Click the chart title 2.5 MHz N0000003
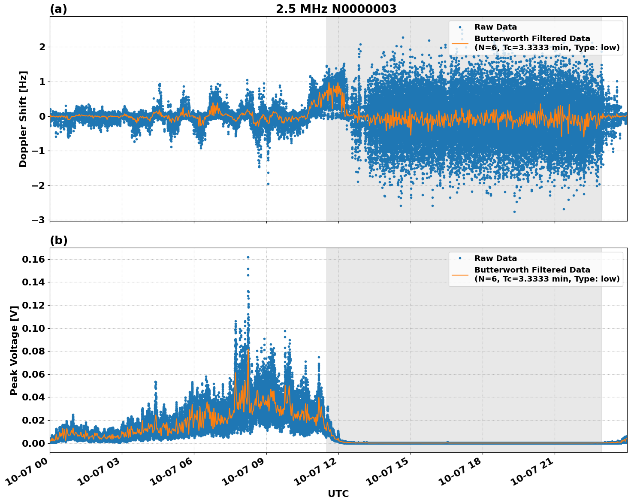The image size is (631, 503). click(336, 9)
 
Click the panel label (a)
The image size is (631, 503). click(58, 9)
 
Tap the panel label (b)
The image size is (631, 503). click(58, 240)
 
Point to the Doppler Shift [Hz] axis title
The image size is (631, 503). click(23, 119)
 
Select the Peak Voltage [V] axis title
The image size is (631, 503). click(15, 350)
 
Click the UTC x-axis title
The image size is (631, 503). click(338, 494)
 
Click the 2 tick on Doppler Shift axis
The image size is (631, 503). click(42, 47)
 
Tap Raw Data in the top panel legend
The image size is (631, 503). click(495, 27)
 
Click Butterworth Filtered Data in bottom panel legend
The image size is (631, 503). click(532, 270)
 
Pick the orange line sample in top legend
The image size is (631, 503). click(460, 43)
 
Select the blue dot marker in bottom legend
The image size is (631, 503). click(460, 258)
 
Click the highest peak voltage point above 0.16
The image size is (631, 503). click(248, 257)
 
